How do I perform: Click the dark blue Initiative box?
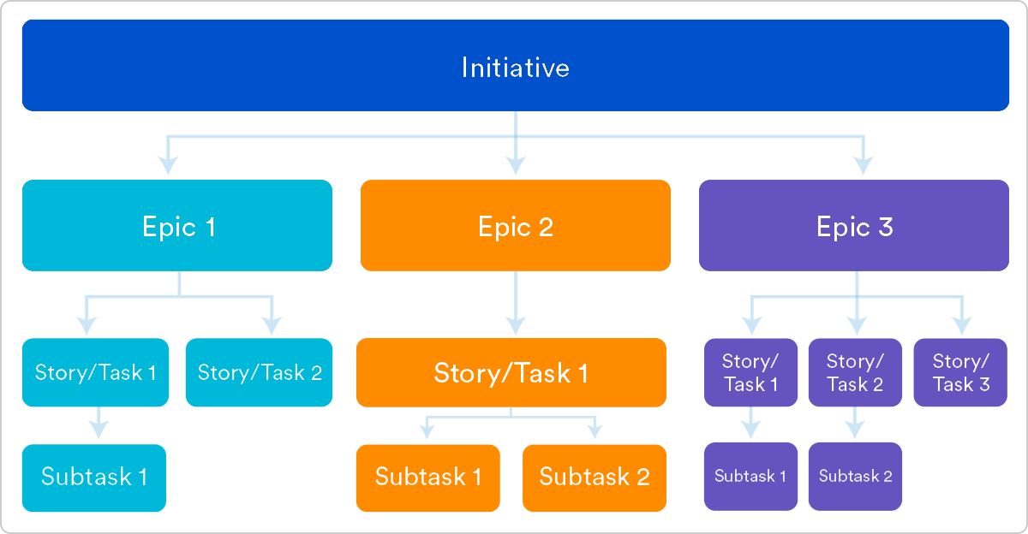pyautogui.click(x=515, y=66)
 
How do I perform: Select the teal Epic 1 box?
pyautogui.click(x=177, y=226)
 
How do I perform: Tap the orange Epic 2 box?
pyautogui.click(x=515, y=226)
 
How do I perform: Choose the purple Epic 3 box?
pyautogui.click(x=854, y=226)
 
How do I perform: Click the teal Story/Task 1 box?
pyautogui.click(x=96, y=372)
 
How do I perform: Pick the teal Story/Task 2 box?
pyautogui.click(x=260, y=372)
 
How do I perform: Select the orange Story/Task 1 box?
pyautogui.click(x=511, y=372)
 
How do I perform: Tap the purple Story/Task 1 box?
pyautogui.click(x=751, y=372)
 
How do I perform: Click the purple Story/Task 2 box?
pyautogui.click(x=855, y=372)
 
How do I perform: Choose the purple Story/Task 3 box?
pyautogui.click(x=961, y=372)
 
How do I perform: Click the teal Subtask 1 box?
pyautogui.click(x=94, y=478)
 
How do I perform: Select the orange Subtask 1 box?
pyautogui.click(x=428, y=478)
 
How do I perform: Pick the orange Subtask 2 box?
pyautogui.click(x=595, y=478)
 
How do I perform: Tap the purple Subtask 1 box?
pyautogui.click(x=751, y=477)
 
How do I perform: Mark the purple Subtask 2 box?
pyautogui.click(x=855, y=477)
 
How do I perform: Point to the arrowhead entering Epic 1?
pyautogui.click(x=169, y=163)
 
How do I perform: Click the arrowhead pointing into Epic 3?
pyautogui.click(x=864, y=163)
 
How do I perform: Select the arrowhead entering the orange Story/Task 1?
pyautogui.click(x=515, y=325)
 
